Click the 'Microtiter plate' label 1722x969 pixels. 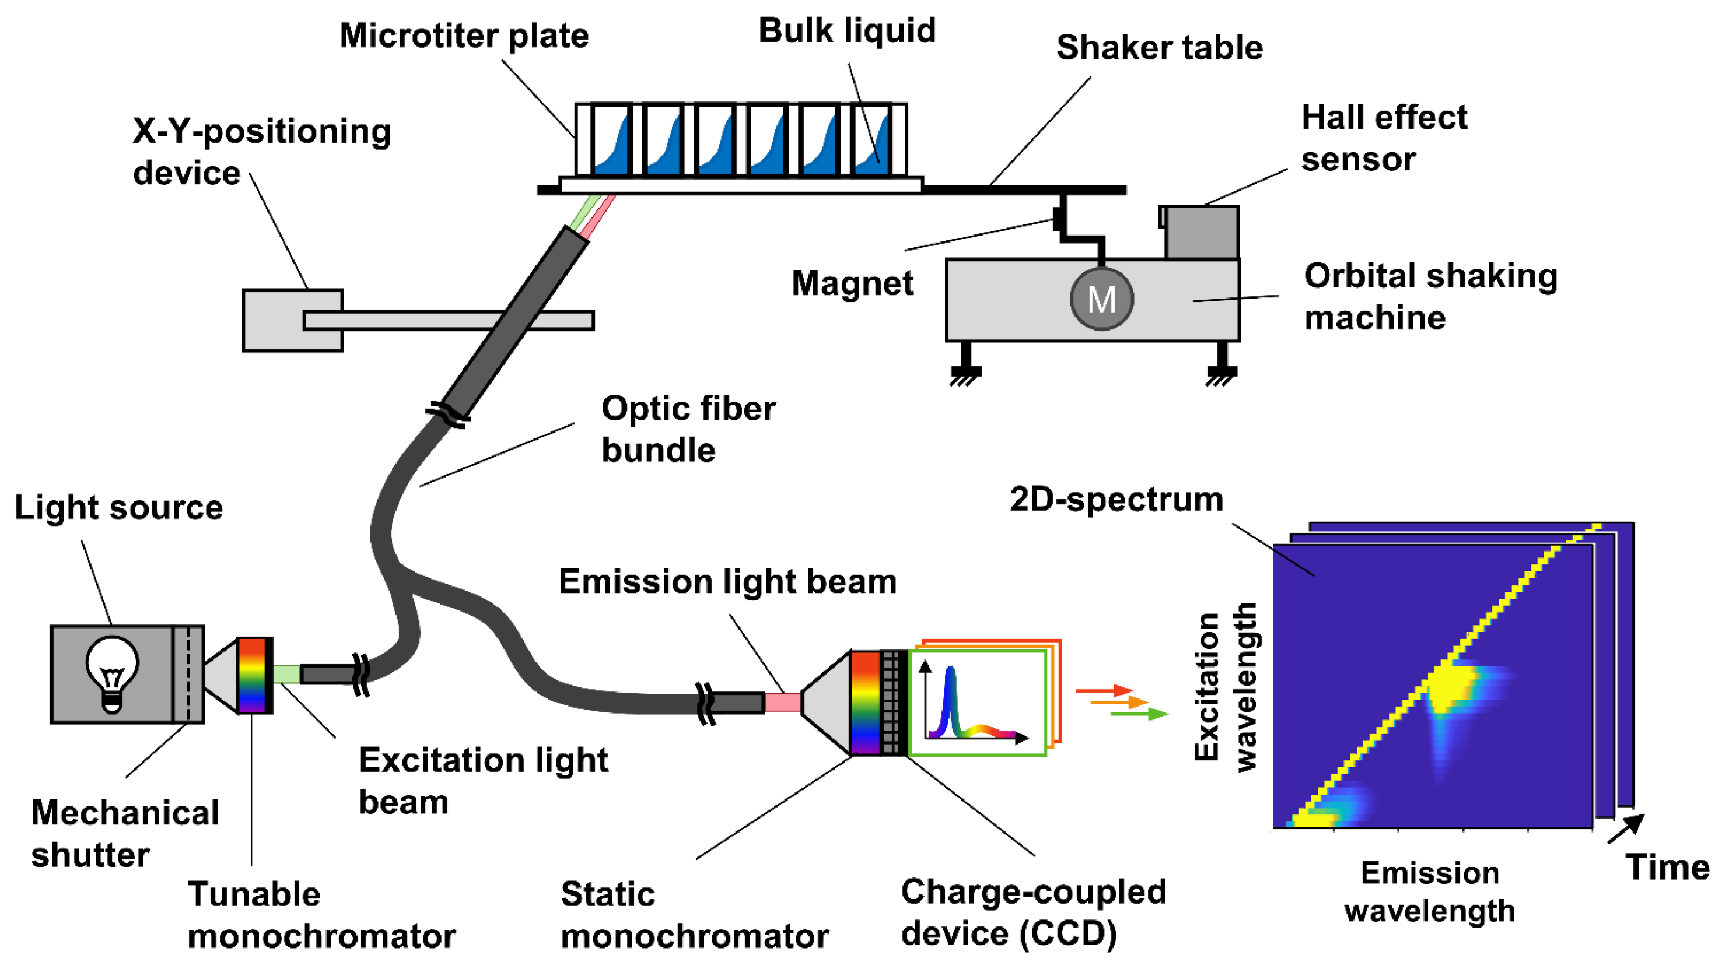pos(463,36)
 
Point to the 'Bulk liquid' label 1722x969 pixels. pos(846,31)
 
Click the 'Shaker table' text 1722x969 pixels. pos(1158,47)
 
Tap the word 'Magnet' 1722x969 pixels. pos(852,283)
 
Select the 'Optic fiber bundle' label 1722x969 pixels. pos(688,429)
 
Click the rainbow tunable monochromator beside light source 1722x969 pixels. pos(252,675)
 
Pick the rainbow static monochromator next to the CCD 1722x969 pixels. pos(865,703)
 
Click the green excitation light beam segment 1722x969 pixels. pos(286,673)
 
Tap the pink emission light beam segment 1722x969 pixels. pos(782,703)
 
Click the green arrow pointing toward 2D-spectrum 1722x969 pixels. pos(1139,714)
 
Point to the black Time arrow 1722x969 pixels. pos(1625,828)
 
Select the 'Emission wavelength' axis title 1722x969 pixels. pos(1429,891)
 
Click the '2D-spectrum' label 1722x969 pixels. pos(1116,499)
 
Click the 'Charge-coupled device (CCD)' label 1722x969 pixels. pos(1033,912)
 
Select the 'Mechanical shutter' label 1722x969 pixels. pos(125,833)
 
